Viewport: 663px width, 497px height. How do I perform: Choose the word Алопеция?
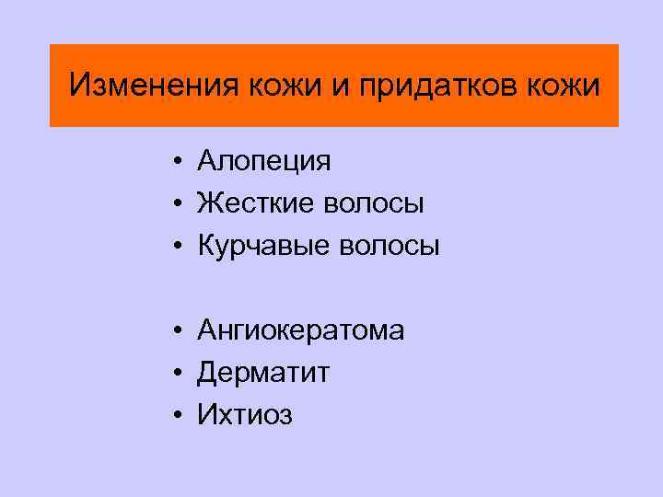pos(263,162)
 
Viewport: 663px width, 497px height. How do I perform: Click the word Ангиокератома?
pos(300,330)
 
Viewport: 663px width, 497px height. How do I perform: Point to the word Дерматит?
pos(263,373)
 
